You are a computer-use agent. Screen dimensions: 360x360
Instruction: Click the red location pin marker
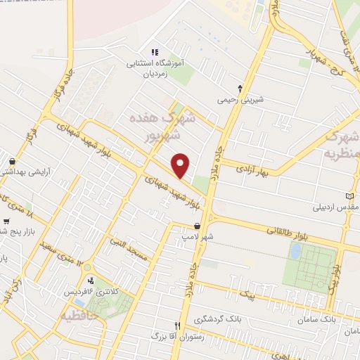pyautogui.click(x=181, y=165)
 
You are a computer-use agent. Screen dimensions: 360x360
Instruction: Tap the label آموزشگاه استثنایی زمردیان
pyautogui.click(x=154, y=67)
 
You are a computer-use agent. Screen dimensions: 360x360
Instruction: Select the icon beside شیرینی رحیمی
pyautogui.click(x=241, y=89)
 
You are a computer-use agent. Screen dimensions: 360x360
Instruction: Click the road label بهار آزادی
pyautogui.click(x=250, y=169)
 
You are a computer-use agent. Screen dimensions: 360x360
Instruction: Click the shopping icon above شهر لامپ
pyautogui.click(x=197, y=226)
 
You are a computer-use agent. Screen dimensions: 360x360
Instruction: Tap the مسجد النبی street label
pyautogui.click(x=128, y=250)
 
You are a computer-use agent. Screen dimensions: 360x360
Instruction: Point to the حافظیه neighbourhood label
pyautogui.click(x=82, y=311)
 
